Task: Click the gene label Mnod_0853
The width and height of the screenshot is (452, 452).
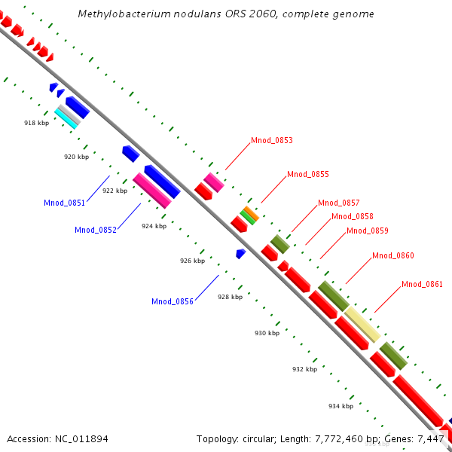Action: [271, 140]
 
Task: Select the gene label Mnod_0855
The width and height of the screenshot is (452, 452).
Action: [307, 174]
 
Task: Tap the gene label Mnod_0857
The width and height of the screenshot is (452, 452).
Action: [338, 203]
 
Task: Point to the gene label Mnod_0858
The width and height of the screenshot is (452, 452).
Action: [353, 216]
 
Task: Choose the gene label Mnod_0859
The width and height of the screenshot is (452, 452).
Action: [367, 231]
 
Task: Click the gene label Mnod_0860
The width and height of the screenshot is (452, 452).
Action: [392, 255]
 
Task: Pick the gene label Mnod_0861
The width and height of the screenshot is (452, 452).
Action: [422, 284]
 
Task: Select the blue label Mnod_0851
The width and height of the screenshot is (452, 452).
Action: [64, 203]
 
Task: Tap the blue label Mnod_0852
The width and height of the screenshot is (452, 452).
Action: [95, 230]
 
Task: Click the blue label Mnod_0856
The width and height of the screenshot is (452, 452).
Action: [172, 301]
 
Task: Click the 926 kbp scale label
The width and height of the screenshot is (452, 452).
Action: [192, 261]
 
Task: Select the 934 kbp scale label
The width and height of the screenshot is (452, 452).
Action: [341, 406]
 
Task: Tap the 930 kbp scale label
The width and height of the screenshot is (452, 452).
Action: [267, 333]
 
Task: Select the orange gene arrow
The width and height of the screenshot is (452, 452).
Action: [251, 213]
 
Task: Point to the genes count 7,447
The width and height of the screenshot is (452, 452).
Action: [432, 438]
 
